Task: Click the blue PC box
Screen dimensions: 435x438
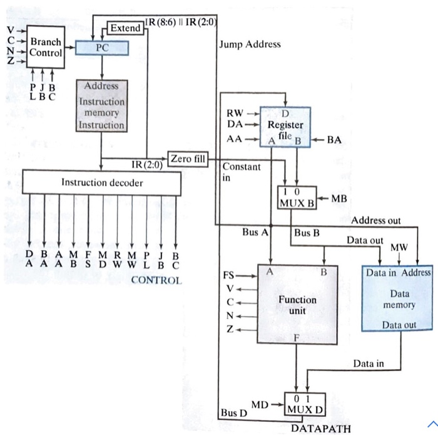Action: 102,48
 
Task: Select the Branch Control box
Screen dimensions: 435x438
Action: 46,48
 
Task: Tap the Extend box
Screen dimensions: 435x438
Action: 125,28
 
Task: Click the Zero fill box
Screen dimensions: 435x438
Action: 187,159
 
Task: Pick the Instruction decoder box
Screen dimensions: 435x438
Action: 101,182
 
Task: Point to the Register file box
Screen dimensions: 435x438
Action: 285,125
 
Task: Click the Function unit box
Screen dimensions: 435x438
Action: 297,305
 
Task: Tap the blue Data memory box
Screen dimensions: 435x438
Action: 398,299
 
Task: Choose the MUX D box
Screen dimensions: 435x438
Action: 305,404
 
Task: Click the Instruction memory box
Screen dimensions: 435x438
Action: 102,105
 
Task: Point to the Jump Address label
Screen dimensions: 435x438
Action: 250,45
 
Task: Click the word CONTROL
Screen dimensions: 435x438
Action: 156,280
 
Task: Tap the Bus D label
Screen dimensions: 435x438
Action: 233,413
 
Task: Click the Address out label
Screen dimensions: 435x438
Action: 376,221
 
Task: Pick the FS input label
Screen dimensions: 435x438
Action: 228,275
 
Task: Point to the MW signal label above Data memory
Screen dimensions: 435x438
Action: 399,248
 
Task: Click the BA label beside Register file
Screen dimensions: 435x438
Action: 334,140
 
